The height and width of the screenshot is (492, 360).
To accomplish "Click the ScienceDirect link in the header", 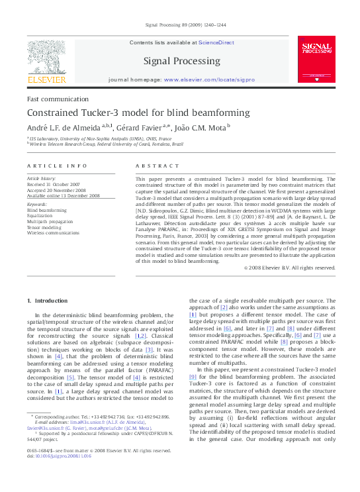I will point(216,42).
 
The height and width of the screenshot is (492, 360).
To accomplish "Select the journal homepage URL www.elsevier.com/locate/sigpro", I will point(209,79).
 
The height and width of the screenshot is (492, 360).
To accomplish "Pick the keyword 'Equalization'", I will point(40,215).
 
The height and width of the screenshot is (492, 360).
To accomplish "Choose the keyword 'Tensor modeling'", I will point(44,227).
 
